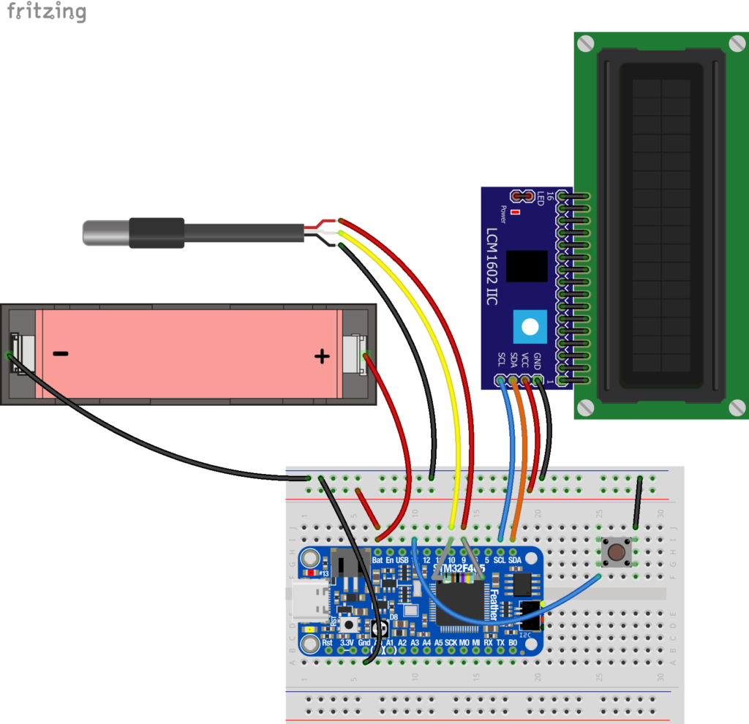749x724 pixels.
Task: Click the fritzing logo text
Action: (x=46, y=12)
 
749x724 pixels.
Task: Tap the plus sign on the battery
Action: (x=321, y=357)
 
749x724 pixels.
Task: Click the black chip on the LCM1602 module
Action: (x=527, y=266)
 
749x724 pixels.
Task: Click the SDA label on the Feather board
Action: (x=515, y=560)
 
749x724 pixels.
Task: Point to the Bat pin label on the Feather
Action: (x=377, y=560)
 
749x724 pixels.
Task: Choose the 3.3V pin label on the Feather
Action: (x=347, y=642)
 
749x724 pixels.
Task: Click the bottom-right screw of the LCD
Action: (x=734, y=407)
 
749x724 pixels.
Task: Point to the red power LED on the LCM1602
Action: (x=516, y=213)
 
